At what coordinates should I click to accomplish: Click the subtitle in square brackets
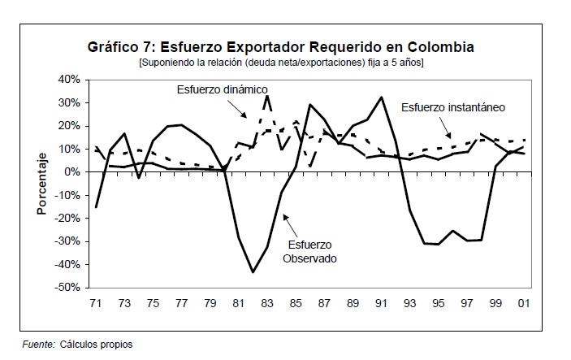point(281,62)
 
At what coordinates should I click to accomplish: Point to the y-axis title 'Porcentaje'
point(41,184)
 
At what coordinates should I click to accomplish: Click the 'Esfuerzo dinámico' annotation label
point(223,89)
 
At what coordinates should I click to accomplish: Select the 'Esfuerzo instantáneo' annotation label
point(454,106)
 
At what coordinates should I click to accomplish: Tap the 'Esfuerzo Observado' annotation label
point(309,251)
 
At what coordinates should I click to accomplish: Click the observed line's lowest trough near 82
point(253,271)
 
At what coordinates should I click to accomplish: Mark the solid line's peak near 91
point(382,98)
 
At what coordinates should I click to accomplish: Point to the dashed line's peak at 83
point(267,96)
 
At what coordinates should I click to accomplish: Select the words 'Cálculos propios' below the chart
point(96,345)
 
